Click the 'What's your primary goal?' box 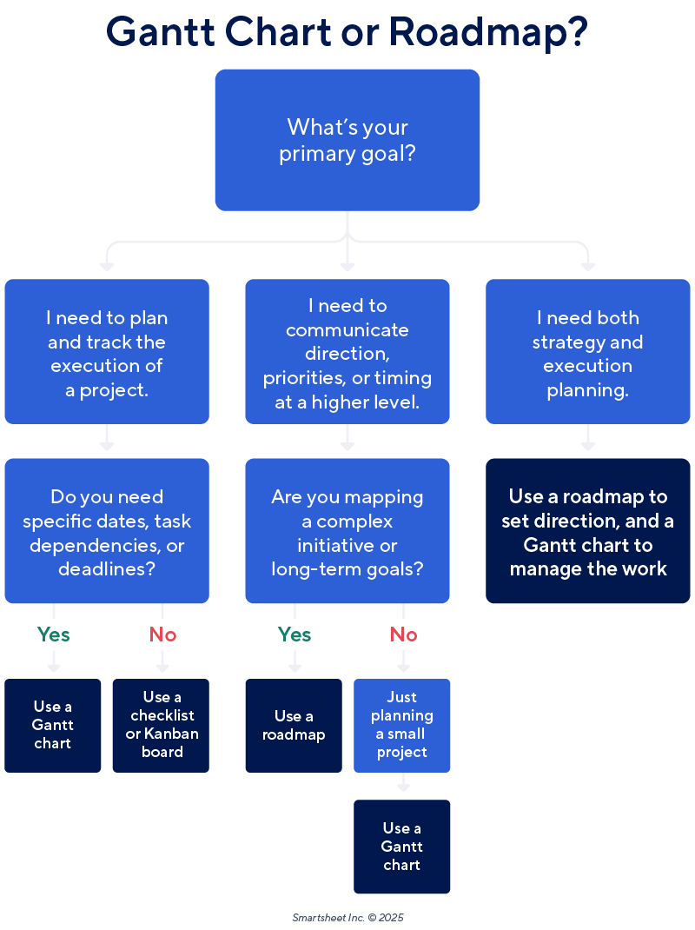[x=347, y=140]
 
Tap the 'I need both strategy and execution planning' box [x=587, y=352]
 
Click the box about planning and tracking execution [x=107, y=352]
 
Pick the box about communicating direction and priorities [x=347, y=352]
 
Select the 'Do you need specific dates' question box [x=107, y=531]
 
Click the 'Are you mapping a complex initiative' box [x=347, y=531]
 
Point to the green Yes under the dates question [x=53, y=634]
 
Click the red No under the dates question [x=162, y=634]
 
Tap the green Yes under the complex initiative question [x=295, y=634]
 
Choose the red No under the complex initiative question [x=403, y=634]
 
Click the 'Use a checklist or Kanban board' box [x=161, y=725]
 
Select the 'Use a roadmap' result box [x=294, y=725]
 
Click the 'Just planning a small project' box [x=402, y=725]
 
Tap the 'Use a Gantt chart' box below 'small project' [x=402, y=847]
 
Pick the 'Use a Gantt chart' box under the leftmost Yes [x=53, y=725]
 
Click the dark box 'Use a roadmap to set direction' [x=587, y=531]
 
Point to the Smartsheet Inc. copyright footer [x=347, y=917]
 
